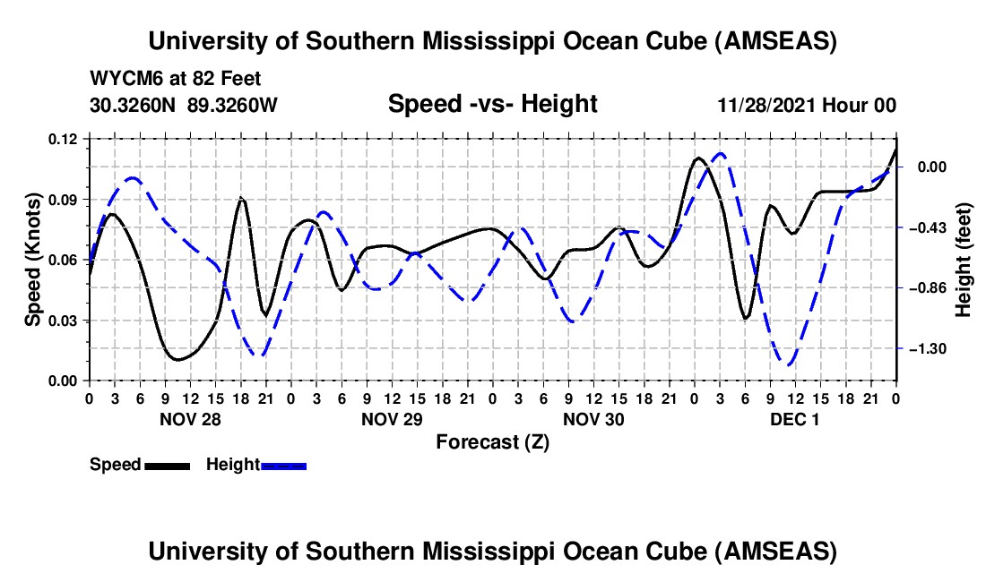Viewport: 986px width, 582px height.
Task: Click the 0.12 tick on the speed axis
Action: [x=65, y=139]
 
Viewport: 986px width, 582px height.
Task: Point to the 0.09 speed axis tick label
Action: [x=65, y=199]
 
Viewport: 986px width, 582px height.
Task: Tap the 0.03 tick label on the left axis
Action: [x=65, y=321]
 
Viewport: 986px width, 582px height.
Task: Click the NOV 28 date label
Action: [x=189, y=419]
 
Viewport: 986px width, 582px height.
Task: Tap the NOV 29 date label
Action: [x=392, y=419]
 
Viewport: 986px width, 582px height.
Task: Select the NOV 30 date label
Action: [x=593, y=419]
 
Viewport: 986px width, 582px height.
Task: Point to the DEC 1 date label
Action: [x=794, y=419]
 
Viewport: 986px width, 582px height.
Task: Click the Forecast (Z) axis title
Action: [x=492, y=441]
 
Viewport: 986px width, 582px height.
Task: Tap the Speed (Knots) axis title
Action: [x=32, y=260]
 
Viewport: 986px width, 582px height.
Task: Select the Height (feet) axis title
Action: [x=964, y=260]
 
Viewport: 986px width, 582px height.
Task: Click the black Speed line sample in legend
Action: [x=167, y=466]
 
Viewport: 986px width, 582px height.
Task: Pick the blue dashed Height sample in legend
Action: [x=284, y=466]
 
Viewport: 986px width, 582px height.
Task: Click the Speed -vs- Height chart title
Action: [x=492, y=104]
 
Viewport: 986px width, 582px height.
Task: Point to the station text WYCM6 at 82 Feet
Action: [x=176, y=79]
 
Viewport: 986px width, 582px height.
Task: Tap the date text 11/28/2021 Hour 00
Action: [x=807, y=106]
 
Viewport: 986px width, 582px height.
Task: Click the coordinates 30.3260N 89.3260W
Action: [x=184, y=106]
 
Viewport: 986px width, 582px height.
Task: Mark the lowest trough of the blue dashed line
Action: [x=790, y=364]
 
